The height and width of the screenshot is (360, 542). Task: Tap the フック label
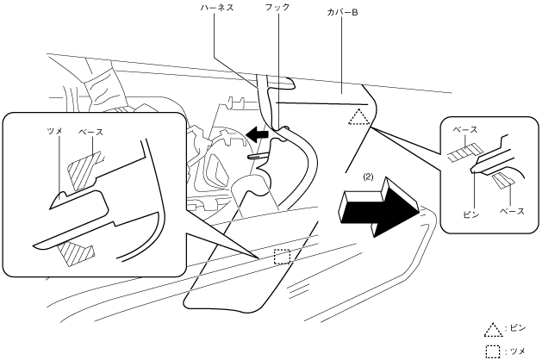[x=278, y=7]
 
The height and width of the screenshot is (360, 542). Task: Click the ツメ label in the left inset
[x=53, y=132]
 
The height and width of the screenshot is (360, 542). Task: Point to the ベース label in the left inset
[x=90, y=132]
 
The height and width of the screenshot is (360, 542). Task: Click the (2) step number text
[x=368, y=177]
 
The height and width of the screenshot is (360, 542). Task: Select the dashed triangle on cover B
[x=358, y=118]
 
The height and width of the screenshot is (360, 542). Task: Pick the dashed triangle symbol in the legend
[x=493, y=329]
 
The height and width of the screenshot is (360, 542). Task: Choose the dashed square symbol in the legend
[x=493, y=348]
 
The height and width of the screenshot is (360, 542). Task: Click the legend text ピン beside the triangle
[x=516, y=329]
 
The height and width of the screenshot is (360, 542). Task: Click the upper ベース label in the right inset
[x=466, y=129]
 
